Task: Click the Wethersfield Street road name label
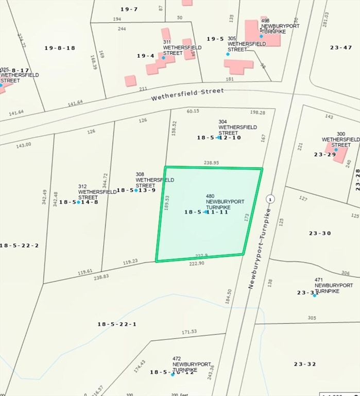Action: pyautogui.click(x=187, y=94)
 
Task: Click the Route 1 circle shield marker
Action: pyautogui.click(x=270, y=199)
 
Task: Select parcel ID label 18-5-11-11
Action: pyautogui.click(x=206, y=212)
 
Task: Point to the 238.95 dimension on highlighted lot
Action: pyautogui.click(x=212, y=162)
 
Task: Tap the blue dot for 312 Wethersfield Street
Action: pyautogui.click(x=78, y=202)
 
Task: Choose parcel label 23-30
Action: pyautogui.click(x=320, y=233)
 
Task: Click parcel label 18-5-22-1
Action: pyautogui.click(x=117, y=324)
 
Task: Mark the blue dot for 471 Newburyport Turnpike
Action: pyautogui.click(x=315, y=295)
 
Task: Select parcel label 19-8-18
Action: pyautogui.click(x=60, y=48)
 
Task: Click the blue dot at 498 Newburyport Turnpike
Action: pyautogui.click(x=261, y=36)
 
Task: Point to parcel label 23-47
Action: pyautogui.click(x=341, y=47)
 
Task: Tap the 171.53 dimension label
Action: pyautogui.click(x=190, y=332)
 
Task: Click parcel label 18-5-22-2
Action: pyautogui.click(x=20, y=245)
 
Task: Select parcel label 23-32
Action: pyautogui.click(x=305, y=364)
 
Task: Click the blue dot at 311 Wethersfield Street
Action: pyautogui.click(x=164, y=57)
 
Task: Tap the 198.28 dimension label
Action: pyautogui.click(x=258, y=112)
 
